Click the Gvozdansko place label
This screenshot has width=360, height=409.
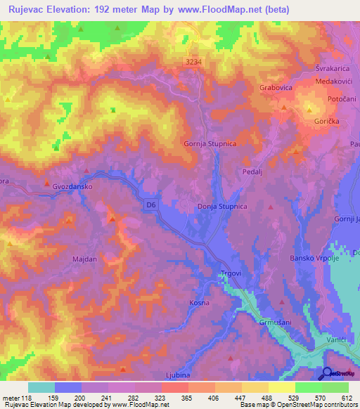72,186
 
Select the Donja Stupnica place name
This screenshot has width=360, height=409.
216,207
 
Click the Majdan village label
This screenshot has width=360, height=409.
84,259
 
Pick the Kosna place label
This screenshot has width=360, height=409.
200,303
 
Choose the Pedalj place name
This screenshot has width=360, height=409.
252,170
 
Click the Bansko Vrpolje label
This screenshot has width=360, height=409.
314,259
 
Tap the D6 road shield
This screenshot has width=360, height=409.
151,204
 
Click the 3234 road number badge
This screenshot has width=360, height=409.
194,63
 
